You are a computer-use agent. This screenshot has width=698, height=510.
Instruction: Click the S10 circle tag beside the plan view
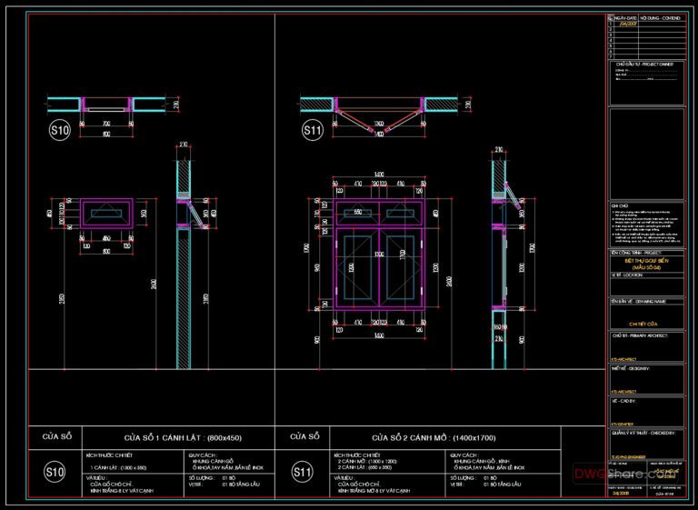click(59, 131)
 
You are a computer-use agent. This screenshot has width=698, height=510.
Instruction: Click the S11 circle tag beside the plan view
click(312, 131)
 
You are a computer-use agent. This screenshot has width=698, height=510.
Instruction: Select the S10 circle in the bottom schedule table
click(55, 472)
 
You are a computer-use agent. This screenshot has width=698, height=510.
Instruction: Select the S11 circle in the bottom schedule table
click(303, 472)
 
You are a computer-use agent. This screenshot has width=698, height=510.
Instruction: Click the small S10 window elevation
click(106, 214)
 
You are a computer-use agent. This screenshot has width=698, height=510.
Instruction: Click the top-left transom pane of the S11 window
click(359, 212)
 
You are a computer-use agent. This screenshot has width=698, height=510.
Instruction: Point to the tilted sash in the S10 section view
click(189, 210)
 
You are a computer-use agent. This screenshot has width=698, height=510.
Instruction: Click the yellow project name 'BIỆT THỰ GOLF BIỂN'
click(644, 259)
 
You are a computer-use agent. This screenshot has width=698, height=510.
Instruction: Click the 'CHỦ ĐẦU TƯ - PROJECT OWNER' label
click(643, 64)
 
